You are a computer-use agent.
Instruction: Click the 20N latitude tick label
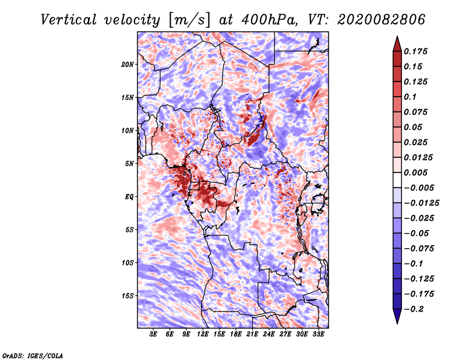(128, 64)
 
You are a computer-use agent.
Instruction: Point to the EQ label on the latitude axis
(129, 197)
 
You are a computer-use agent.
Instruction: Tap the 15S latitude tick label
(128, 296)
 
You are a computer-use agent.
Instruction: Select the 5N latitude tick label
(129, 164)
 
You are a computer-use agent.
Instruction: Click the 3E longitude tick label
(154, 335)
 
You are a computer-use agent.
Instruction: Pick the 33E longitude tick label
(318, 335)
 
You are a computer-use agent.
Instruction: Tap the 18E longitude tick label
(236, 335)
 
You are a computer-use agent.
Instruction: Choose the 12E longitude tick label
(203, 335)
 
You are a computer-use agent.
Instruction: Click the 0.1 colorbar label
(411, 97)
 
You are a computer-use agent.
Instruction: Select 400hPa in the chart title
(263, 19)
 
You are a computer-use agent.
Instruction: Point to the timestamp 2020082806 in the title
(373, 19)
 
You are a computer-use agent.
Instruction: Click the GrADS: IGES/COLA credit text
(33, 355)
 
